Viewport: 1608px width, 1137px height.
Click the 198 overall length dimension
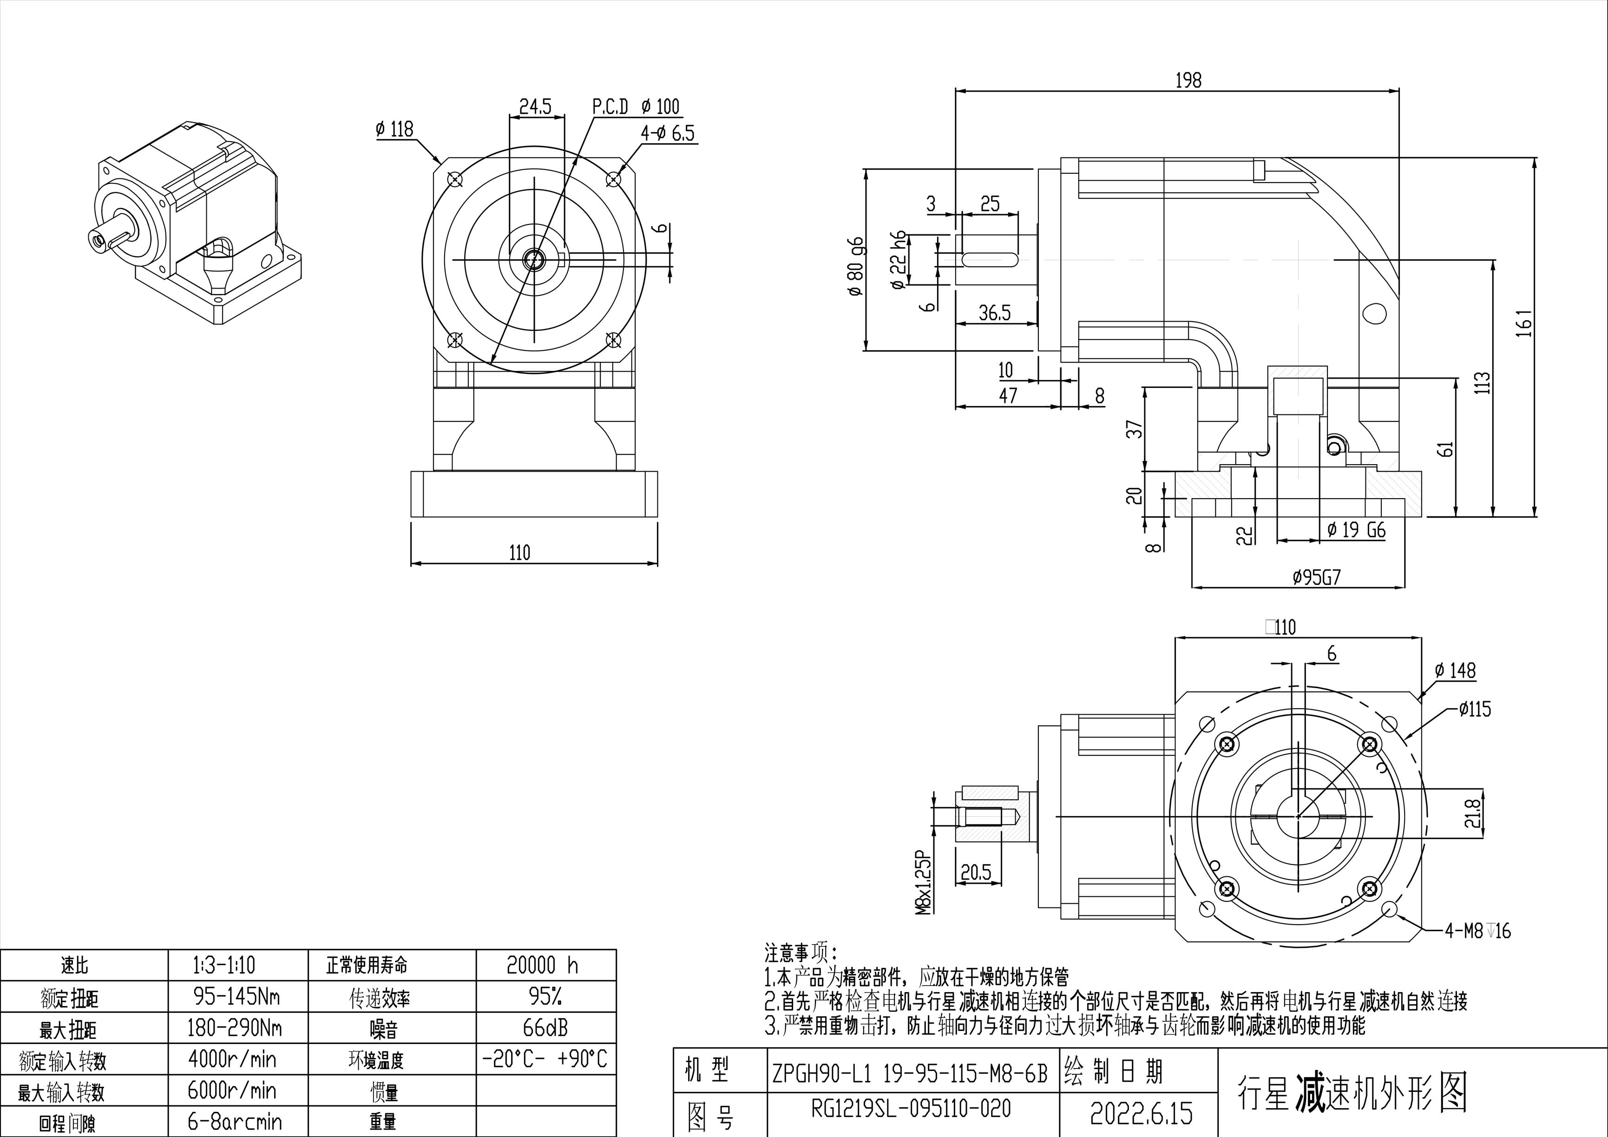(1188, 80)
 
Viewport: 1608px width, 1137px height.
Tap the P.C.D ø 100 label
(636, 106)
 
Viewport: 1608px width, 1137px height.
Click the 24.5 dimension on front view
(535, 106)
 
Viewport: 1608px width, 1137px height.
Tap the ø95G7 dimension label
(1317, 577)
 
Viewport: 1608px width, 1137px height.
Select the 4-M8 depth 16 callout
(1478, 931)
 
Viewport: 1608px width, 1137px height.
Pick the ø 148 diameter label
(1455, 671)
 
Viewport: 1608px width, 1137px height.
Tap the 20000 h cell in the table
(542, 966)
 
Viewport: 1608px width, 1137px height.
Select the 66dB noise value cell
(545, 1028)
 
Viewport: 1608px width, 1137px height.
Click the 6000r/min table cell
(232, 1090)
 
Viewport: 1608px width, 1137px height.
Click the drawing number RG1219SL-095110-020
(911, 1108)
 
